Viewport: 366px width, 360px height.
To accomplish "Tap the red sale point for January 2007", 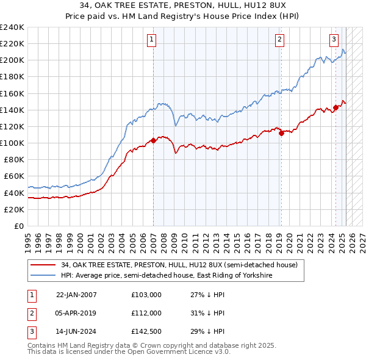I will pyautogui.click(x=153, y=140).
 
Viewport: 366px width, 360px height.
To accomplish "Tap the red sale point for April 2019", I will pyautogui.click(x=281, y=134).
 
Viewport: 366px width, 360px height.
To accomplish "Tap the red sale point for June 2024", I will pyautogui.click(x=335, y=108).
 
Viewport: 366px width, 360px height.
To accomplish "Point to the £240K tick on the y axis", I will pyautogui.click(x=12, y=27).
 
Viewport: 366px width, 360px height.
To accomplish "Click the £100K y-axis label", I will pyautogui.click(x=12, y=143).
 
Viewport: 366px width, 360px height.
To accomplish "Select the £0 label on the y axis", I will pyautogui.click(x=18, y=226).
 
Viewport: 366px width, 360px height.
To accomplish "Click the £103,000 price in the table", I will pyautogui.click(x=146, y=295).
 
